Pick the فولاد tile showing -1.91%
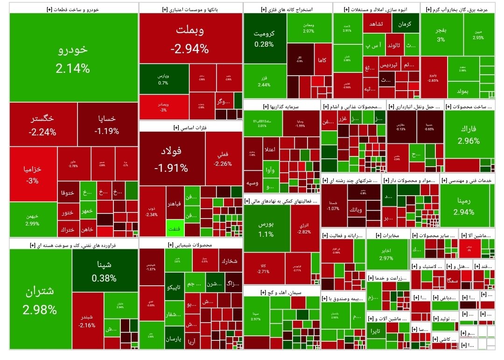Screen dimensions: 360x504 pyautogui.click(x=172, y=159)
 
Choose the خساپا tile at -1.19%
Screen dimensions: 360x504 pyautogui.click(x=107, y=124)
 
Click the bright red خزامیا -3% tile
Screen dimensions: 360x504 pyautogui.click(x=33, y=174)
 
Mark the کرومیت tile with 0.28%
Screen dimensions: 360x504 pyautogui.click(x=264, y=38)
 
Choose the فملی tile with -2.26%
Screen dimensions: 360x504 pyautogui.click(x=223, y=159)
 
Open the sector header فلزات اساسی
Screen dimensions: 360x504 pyautogui.click(x=190, y=127)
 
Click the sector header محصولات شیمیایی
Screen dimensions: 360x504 pyautogui.click(x=190, y=245)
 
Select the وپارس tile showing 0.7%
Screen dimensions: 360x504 pyautogui.click(x=163, y=79)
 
